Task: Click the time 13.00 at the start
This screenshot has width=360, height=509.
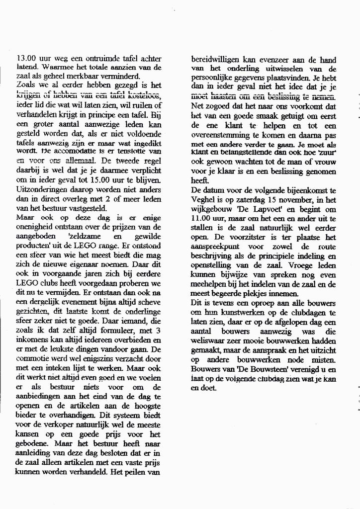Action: (26, 59)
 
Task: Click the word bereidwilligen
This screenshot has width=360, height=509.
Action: (214, 59)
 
